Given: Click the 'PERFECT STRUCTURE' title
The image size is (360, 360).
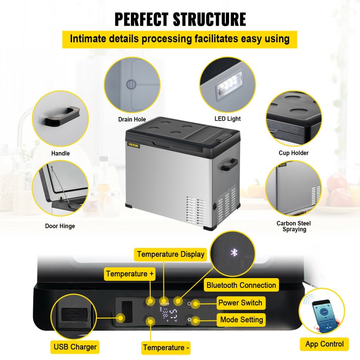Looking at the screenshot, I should click(180, 19).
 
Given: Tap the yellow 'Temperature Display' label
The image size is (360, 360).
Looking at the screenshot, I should click(171, 254).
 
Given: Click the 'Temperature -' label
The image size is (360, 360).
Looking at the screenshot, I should click(166, 347).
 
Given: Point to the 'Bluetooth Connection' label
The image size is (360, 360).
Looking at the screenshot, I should click(241, 285).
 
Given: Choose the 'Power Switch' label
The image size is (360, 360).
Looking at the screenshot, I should click(240, 302).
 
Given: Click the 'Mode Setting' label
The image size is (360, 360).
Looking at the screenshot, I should click(242, 320).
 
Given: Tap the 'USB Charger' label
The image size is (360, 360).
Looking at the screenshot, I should click(75, 346).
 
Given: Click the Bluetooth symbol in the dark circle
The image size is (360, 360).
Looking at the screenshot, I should click(234, 252).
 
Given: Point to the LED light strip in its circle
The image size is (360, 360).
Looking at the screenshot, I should click(227, 85).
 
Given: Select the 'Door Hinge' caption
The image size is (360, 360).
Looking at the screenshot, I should click(60, 226).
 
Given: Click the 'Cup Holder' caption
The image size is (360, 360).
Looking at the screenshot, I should click(293, 153).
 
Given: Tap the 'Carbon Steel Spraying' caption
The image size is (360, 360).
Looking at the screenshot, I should click(293, 226).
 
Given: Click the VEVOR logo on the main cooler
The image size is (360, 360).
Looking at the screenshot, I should click(134, 145).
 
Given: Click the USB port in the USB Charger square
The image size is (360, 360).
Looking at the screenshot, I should click(72, 314).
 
